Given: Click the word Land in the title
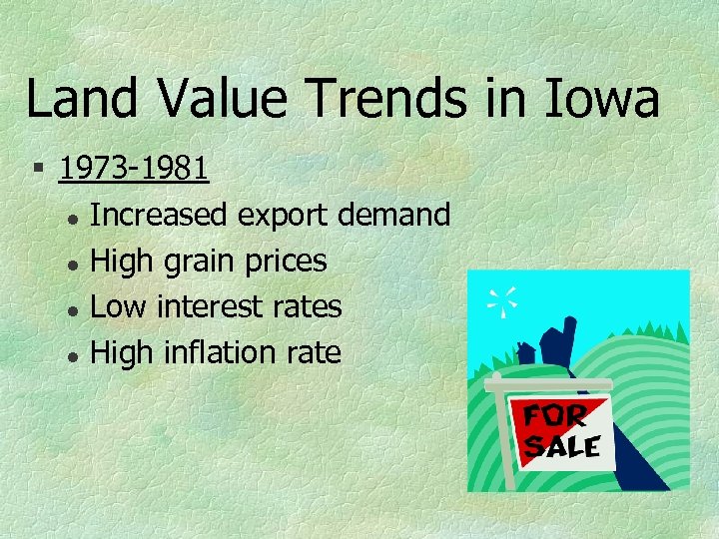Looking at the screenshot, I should pyautogui.click(x=79, y=100).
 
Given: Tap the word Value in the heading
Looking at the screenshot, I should pyautogui.click(x=222, y=100).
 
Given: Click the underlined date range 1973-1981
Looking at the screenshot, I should pyautogui.click(x=134, y=168).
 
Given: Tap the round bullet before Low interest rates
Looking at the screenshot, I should pyautogui.click(x=73, y=308).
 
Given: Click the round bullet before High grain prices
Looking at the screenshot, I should pyautogui.click(x=73, y=264).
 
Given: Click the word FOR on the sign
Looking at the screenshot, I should pyautogui.click(x=555, y=415).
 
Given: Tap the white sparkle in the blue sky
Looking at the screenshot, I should pyautogui.click(x=503, y=298).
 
